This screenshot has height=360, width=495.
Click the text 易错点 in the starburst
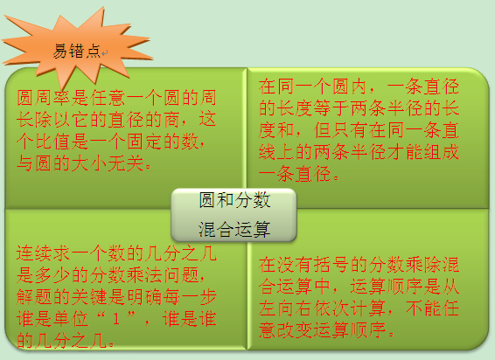click(x=76, y=51)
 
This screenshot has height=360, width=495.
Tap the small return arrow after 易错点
click(x=104, y=53)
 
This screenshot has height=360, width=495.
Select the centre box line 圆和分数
click(x=234, y=200)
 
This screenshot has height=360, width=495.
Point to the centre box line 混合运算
click(x=234, y=229)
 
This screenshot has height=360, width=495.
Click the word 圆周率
click(x=44, y=98)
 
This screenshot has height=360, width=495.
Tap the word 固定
click(x=144, y=142)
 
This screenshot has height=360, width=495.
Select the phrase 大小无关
click(x=108, y=163)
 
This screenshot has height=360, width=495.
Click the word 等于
click(x=332, y=107)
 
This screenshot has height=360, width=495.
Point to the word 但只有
click(x=341, y=129)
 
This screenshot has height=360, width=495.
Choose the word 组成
click(x=442, y=152)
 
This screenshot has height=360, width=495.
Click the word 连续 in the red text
click(x=35, y=253)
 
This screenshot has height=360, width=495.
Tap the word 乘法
click(x=144, y=275)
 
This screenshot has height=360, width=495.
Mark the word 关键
click(x=90, y=297)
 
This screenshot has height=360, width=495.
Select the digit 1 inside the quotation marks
click(x=116, y=319)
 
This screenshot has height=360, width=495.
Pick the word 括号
click(x=332, y=265)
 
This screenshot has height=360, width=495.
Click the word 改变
click(x=296, y=330)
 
